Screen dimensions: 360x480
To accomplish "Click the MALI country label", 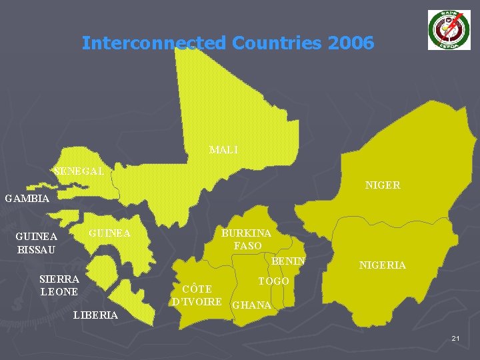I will (223, 149).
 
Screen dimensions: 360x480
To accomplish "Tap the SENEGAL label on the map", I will (78, 171).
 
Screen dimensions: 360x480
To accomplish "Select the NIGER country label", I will (382, 185).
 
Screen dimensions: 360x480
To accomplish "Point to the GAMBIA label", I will (27, 199).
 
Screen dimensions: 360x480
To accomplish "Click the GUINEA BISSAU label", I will (36, 243).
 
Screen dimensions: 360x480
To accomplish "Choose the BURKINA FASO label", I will (246, 239).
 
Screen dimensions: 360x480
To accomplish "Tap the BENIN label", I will (288, 261).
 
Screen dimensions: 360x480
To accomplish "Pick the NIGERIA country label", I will (382, 265).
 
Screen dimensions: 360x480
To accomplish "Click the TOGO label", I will (273, 281).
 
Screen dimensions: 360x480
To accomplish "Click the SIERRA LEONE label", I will (59, 285).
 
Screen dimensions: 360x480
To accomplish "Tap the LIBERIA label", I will (96, 315).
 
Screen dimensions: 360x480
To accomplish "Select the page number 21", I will (455, 339).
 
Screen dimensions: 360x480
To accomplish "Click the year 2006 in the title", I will (351, 43).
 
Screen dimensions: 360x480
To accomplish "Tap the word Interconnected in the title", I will (154, 43).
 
